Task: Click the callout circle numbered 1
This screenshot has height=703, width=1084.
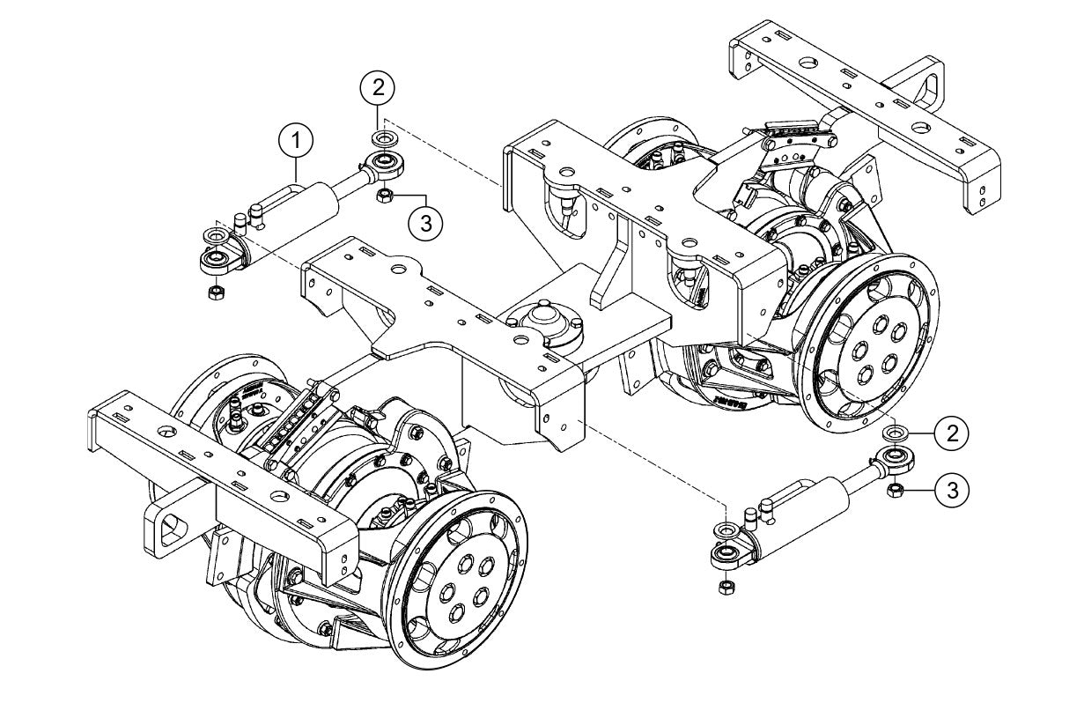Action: pos(297,140)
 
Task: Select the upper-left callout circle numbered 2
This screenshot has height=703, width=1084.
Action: pos(377,88)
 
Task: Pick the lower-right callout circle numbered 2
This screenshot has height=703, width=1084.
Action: pos(950,432)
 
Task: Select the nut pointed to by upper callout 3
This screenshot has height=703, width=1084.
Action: pos(384,196)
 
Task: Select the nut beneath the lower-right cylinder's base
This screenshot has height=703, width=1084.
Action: pos(726,588)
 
